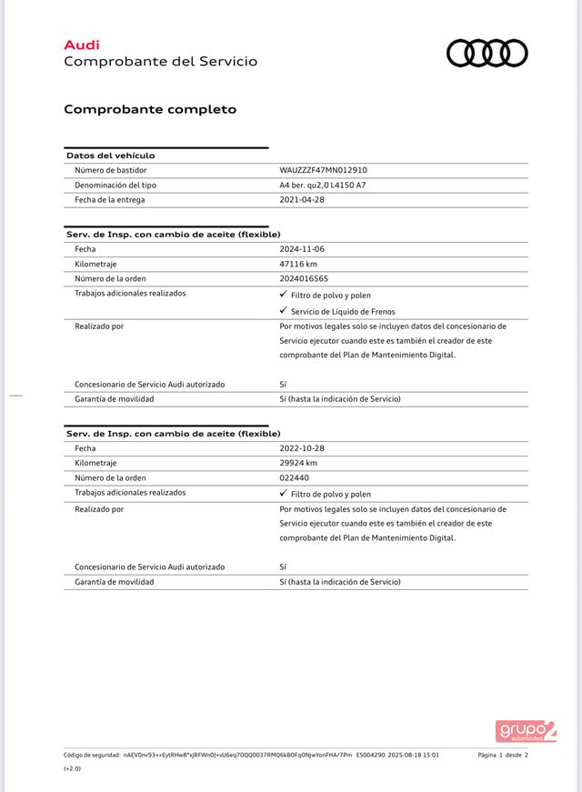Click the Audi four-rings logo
487,53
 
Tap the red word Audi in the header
82,45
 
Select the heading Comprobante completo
150,109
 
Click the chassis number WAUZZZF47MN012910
323,170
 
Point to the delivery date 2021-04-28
302,200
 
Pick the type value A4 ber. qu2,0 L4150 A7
322,185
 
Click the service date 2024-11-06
302,249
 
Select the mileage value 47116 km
298,264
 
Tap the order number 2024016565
304,279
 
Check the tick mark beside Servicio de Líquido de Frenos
284,311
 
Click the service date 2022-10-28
302,448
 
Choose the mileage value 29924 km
298,463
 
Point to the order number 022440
294,477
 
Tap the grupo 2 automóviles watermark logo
526,730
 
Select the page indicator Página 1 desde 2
502,755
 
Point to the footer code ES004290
370,755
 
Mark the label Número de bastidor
110,170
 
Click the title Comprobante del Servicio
160,62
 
